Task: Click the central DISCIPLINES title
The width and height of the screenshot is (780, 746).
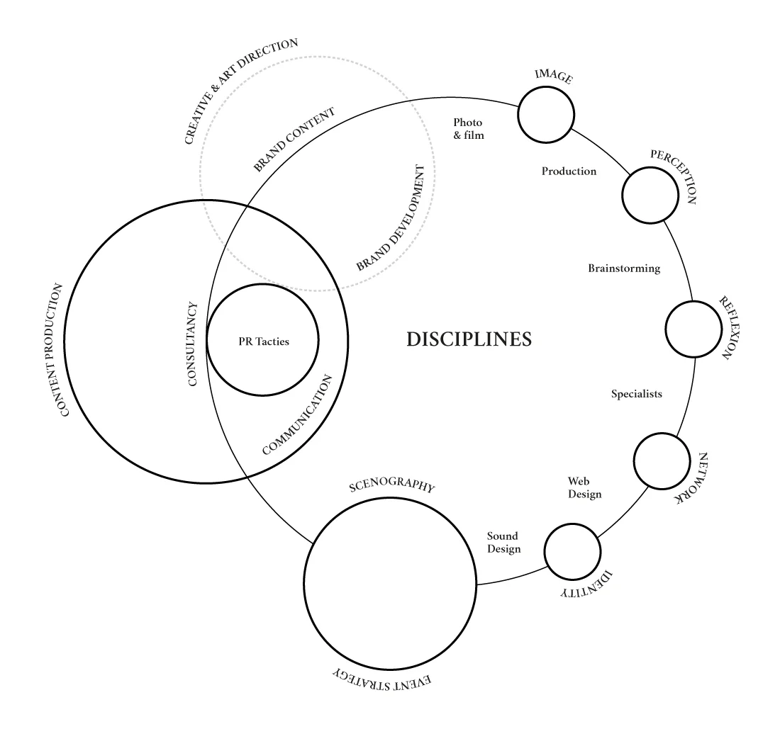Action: [x=469, y=339]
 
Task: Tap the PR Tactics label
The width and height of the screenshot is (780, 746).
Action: [x=264, y=341]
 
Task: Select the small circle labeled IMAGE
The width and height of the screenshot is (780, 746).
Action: [x=545, y=115]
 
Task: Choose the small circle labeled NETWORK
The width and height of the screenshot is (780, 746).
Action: [x=661, y=461]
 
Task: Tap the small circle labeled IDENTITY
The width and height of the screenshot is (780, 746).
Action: [x=572, y=551]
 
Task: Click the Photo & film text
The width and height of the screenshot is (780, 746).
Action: [x=469, y=129]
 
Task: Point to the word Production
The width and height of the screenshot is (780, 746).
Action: [x=569, y=171]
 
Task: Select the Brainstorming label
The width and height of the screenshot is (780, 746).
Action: [x=624, y=269]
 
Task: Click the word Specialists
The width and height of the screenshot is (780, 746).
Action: [x=637, y=394]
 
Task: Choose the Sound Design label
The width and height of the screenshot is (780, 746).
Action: [x=503, y=543]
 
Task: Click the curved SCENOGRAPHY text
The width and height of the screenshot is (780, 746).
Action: [x=392, y=487]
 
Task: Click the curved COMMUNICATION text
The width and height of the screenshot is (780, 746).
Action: [x=296, y=414]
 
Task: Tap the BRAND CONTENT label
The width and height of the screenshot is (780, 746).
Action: [x=294, y=140]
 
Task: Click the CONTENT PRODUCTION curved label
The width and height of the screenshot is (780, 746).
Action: [x=57, y=350]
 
